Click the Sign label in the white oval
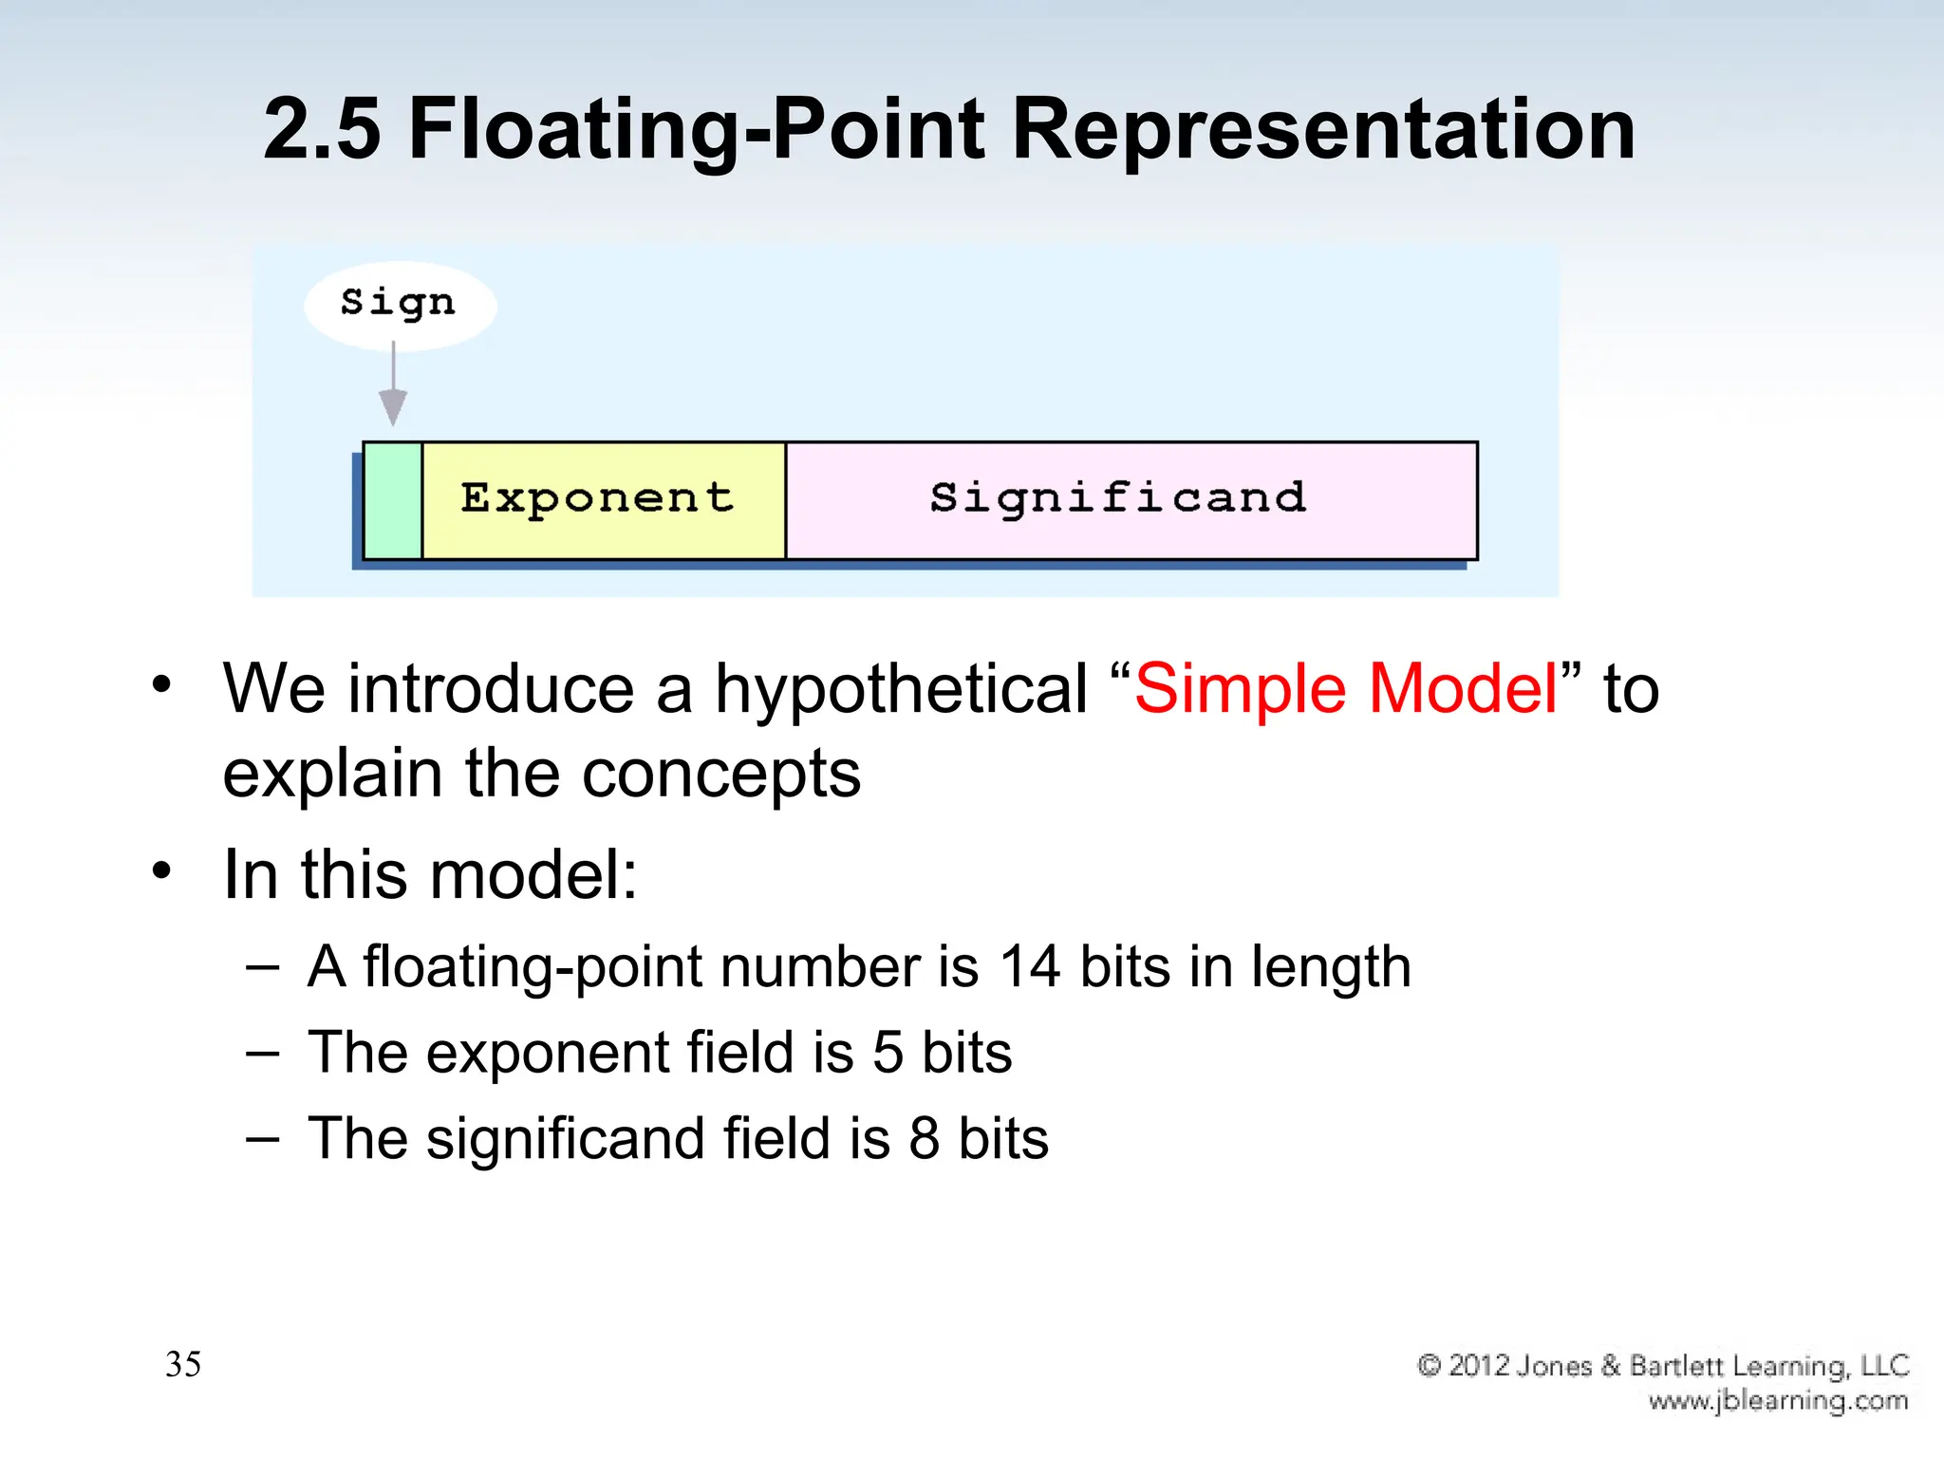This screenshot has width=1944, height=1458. (x=398, y=303)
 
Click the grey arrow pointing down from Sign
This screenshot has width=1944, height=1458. (x=393, y=389)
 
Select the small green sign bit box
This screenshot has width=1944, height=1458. (x=393, y=500)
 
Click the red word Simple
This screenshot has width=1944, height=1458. (x=1238, y=688)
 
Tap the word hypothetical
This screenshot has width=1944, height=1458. (x=901, y=688)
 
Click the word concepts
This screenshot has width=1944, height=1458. (x=721, y=774)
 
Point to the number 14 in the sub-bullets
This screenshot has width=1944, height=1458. (x=1029, y=967)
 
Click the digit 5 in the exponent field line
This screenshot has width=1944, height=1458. (x=888, y=1053)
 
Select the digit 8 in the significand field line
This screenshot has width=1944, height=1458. (x=925, y=1138)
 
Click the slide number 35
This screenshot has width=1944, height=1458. (x=183, y=1364)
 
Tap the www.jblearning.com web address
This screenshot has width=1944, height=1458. (x=1778, y=1401)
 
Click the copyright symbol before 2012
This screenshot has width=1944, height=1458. (x=1430, y=1366)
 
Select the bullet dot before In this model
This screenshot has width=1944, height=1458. (x=162, y=870)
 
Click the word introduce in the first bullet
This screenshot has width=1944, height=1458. (x=492, y=688)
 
